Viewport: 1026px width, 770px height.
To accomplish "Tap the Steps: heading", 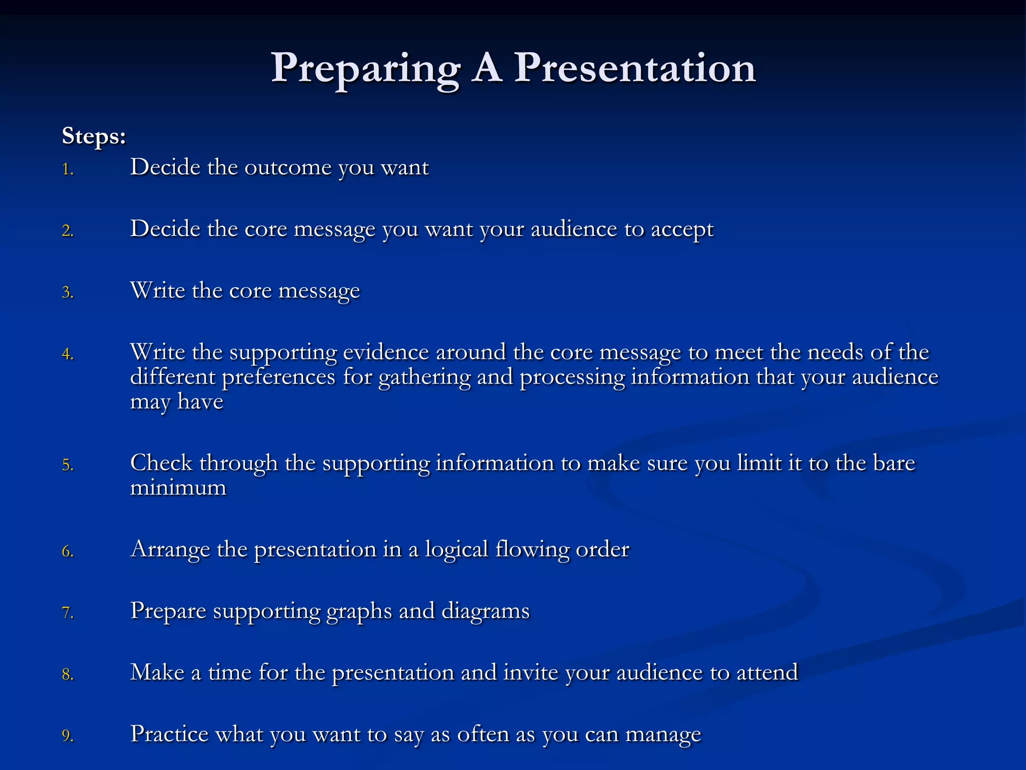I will pyautogui.click(x=94, y=136).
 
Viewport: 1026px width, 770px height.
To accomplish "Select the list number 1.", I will pyautogui.click(x=68, y=169).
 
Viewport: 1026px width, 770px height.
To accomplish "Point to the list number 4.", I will pyautogui.click(x=68, y=354).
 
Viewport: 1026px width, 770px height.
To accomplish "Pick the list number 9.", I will pyautogui.click(x=68, y=736).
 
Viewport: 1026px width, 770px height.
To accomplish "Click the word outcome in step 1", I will pyautogui.click(x=288, y=167).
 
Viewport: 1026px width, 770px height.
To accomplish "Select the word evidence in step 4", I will pyautogui.click(x=386, y=352).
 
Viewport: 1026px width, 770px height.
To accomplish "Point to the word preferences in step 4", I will pyautogui.click(x=279, y=377).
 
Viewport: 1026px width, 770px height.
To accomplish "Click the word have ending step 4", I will pyautogui.click(x=200, y=402).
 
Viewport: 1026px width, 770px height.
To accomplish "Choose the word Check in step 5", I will pyautogui.click(x=161, y=463).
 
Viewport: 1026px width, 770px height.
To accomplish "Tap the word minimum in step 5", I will pyautogui.click(x=178, y=488).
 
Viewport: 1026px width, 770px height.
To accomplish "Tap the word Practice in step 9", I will pyautogui.click(x=169, y=734).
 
